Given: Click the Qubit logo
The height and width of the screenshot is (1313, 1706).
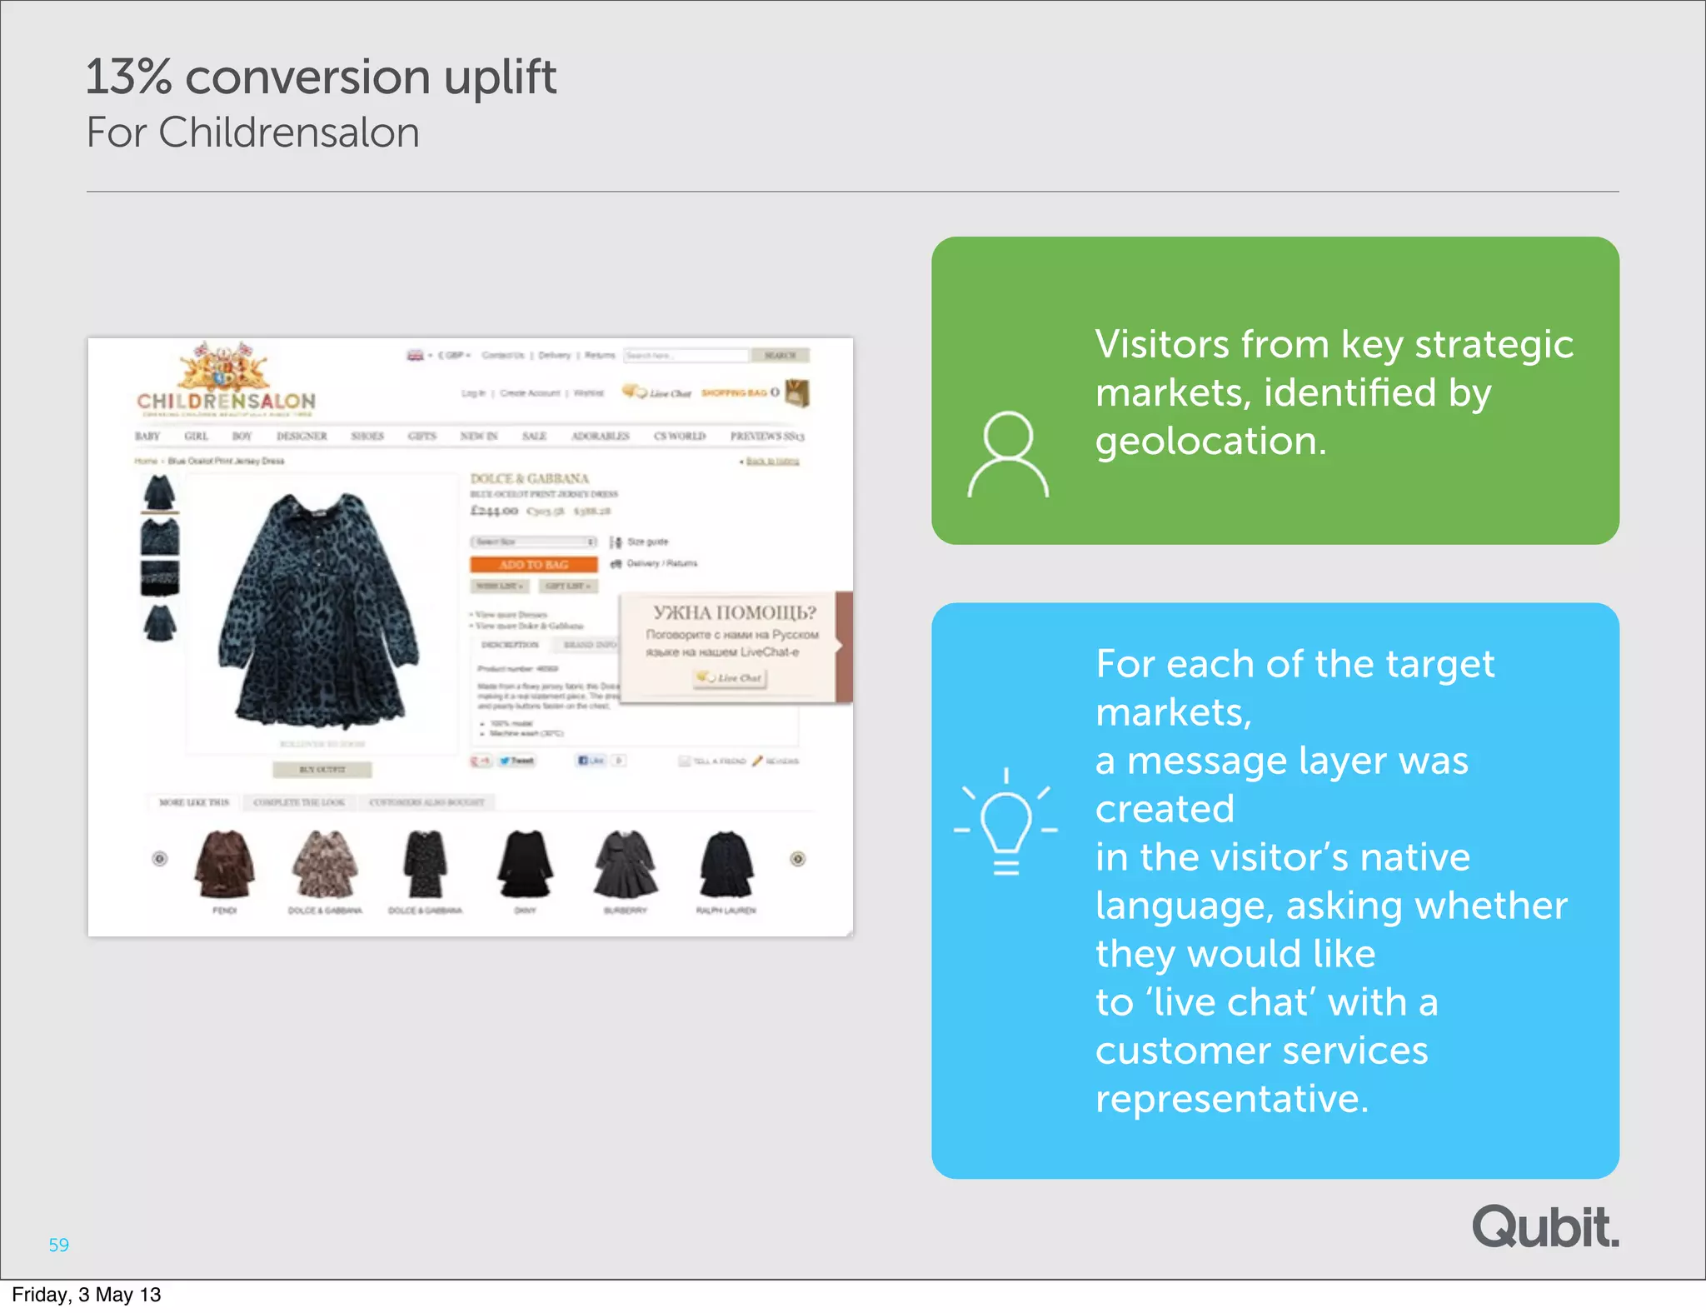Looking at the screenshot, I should pos(1545,1227).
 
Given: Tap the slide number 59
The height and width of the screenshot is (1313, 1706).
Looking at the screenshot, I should pos(58,1245).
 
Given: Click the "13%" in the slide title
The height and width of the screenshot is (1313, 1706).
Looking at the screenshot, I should pos(128,77).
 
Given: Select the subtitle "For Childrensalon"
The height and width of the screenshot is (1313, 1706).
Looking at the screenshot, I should pos(252,133).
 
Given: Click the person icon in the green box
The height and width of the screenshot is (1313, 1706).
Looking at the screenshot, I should pos(1007,454).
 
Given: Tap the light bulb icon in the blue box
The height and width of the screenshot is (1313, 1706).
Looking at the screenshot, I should pos(1005,821).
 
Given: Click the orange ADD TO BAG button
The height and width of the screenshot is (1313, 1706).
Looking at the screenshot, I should pos(533,565).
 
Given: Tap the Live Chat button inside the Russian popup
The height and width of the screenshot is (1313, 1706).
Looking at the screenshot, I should pos(731,678).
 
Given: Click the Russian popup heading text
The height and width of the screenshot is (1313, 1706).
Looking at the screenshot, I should pos(734,613).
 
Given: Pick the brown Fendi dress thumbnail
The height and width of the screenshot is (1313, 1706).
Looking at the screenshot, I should pos(224,865).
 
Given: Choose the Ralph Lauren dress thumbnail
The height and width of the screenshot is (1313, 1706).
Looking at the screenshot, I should pos(726,865).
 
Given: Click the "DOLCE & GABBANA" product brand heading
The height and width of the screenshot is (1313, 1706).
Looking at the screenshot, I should pos(529,478).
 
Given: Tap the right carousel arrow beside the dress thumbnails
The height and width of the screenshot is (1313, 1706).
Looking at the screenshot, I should pos(797,859).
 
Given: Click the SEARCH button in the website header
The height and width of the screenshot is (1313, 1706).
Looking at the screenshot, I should pos(780,356).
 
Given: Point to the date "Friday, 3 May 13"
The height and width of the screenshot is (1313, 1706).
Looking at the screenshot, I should pos(86,1295).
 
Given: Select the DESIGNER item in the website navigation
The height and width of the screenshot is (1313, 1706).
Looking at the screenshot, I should pos(302,436).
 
